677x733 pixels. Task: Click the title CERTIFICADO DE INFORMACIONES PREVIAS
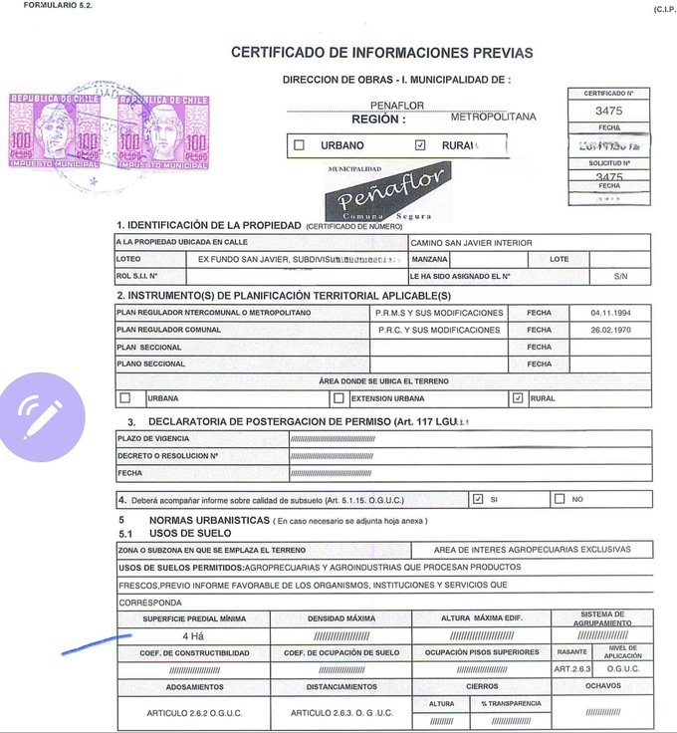pos(381,53)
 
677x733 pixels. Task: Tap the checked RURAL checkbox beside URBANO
pos(420,145)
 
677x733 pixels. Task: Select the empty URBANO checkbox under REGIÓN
pos(299,145)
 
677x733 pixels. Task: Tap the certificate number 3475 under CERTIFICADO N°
pos(608,112)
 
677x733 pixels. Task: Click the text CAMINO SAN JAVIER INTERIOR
pos(471,242)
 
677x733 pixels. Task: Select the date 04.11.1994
pos(610,313)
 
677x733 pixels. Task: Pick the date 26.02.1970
pos(610,330)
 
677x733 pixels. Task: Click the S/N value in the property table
pos(620,276)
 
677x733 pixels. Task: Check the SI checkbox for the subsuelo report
pos(478,499)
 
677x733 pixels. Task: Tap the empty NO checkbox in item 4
pos(559,499)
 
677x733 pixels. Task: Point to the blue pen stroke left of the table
pos(96,643)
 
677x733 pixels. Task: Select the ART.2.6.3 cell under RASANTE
pos(572,669)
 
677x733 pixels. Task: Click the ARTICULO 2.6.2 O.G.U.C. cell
pos(194,713)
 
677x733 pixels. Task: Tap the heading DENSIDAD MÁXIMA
pos(340,618)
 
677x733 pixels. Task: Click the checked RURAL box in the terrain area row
pos(517,398)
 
